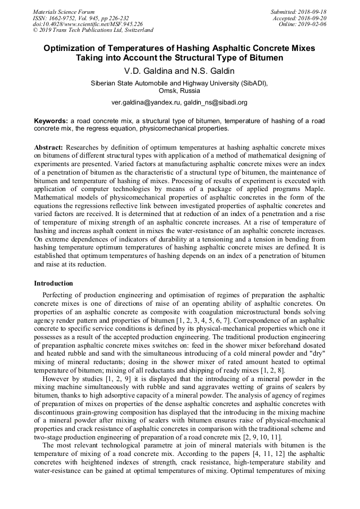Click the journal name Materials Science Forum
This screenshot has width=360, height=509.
[x=64, y=12]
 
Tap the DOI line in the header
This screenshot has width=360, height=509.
[x=88, y=24]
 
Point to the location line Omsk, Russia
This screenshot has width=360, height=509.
[x=179, y=91]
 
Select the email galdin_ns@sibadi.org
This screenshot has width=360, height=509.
[x=215, y=102]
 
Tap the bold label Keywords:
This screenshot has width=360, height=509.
[x=51, y=121]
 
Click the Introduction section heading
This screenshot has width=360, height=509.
[x=53, y=283]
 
